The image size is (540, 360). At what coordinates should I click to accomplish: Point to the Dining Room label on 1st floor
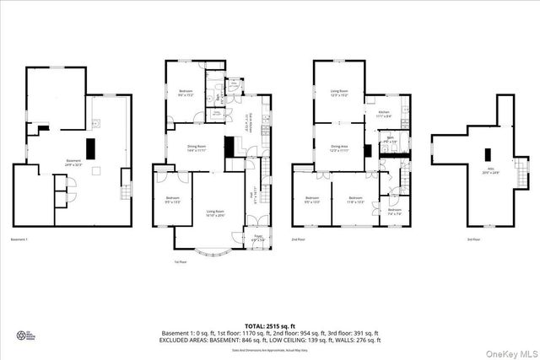[x=197, y=148]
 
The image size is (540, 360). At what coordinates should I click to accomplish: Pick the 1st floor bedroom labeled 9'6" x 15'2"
[x=187, y=93]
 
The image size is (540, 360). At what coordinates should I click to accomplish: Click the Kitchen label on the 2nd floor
[x=383, y=113]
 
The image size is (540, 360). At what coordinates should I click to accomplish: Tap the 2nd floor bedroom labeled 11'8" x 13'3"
[x=354, y=201]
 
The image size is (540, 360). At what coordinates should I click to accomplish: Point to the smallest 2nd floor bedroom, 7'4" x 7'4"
[x=394, y=211]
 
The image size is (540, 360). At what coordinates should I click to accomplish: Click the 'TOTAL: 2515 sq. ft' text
[x=270, y=325]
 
